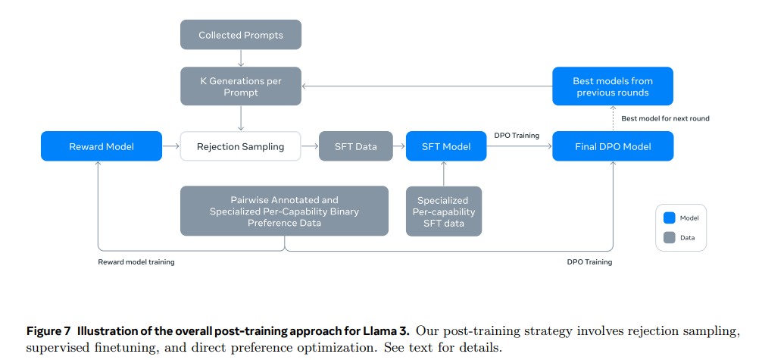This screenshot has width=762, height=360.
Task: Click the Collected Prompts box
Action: [241, 35]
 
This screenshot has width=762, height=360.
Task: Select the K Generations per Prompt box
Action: [241, 86]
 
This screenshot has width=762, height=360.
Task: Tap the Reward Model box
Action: [101, 146]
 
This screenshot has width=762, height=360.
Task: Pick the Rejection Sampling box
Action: [240, 146]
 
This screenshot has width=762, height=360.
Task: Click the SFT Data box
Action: [356, 146]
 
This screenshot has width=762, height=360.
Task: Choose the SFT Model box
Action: [446, 146]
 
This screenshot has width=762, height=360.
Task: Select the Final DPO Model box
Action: [613, 146]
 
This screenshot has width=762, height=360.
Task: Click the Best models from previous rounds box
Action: [613, 86]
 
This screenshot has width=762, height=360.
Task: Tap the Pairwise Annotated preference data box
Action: [284, 211]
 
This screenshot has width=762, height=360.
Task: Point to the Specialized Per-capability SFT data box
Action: [444, 211]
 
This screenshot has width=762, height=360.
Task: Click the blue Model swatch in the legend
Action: [669, 218]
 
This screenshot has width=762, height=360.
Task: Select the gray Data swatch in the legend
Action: [669, 237]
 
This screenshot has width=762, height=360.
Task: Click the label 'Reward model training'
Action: [136, 262]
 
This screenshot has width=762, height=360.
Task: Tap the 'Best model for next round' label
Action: [665, 118]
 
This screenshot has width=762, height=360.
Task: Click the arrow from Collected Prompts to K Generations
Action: [241, 58]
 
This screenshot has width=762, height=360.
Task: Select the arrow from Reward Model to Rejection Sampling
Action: [171, 146]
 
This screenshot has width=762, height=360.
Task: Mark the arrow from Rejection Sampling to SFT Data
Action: [309, 146]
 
